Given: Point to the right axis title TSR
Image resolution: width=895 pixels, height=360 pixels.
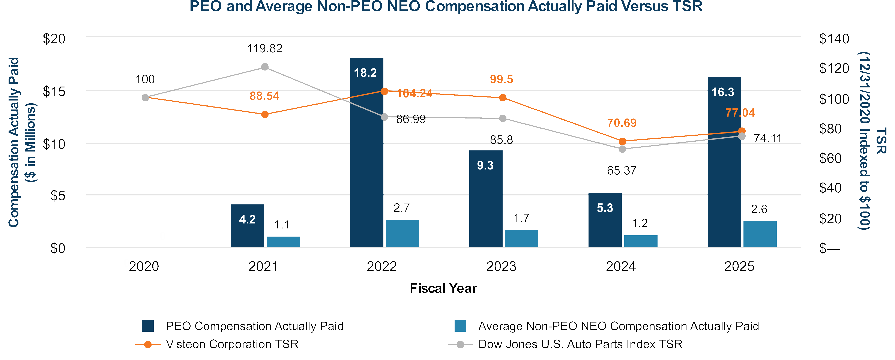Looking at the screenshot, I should [881, 141].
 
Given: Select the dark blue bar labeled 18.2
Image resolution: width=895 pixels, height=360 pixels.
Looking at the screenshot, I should [366, 153].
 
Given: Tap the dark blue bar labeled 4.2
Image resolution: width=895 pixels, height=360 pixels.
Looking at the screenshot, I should [247, 226].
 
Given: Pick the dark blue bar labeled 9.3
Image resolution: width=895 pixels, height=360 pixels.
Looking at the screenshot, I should [486, 199].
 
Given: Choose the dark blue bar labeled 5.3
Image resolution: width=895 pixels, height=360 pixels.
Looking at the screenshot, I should [605, 220].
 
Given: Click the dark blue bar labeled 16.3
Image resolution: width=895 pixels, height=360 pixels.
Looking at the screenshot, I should [724, 162].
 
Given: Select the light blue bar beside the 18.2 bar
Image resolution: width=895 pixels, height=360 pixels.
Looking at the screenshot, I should [402, 234].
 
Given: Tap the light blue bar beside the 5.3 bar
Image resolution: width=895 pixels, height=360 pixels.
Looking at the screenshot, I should [641, 241].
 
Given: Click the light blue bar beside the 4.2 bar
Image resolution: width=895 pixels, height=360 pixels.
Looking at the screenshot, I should [283, 242].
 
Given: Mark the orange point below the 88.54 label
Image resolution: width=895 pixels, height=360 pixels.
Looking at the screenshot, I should [265, 114].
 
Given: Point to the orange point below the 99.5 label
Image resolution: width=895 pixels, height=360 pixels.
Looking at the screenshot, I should [502, 98].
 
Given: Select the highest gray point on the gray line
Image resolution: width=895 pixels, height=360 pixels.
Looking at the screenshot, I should [265, 67].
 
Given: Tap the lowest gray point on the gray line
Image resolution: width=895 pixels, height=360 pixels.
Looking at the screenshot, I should [622, 149].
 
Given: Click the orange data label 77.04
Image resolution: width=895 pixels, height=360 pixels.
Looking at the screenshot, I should [740, 112].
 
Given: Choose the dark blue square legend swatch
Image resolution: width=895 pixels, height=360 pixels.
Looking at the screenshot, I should [148, 326].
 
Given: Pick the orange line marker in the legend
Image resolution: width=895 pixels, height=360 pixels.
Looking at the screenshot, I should [148, 344].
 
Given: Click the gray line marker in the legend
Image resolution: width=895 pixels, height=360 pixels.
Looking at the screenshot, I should [460, 344].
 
